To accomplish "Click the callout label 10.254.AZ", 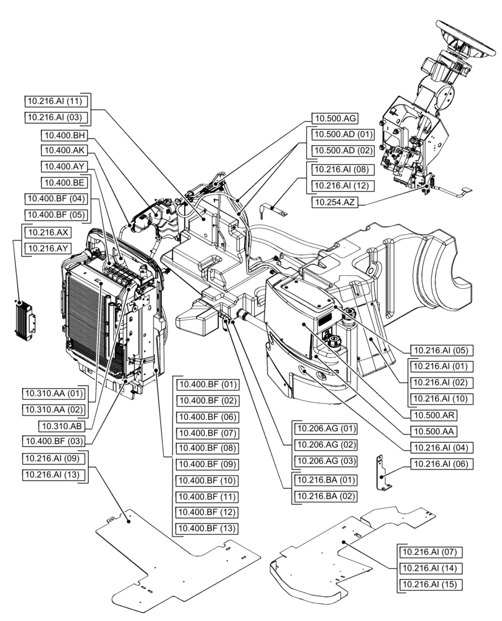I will click(x=339, y=202).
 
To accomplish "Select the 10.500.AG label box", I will click(x=334, y=118).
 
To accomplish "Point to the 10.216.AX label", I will click(x=47, y=232).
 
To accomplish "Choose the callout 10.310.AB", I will click(x=62, y=425).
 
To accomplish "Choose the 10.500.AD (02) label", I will click(x=342, y=150).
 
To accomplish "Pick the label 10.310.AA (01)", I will click(x=54, y=394).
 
